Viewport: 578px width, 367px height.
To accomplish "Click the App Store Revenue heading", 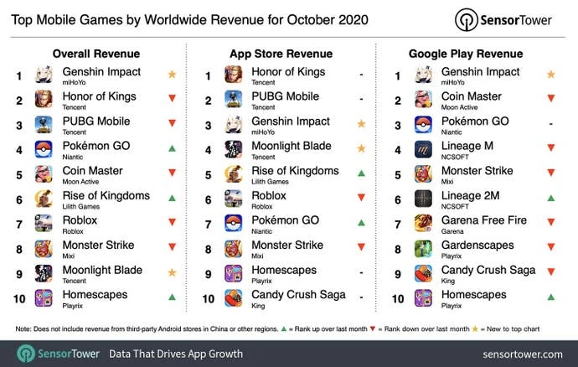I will pos(282,53).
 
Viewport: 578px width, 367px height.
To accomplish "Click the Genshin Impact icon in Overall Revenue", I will pos(44,75).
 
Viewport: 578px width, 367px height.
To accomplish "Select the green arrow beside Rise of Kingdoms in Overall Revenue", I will pos(172,199).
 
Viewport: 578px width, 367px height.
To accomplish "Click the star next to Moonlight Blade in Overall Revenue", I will pos(172,273).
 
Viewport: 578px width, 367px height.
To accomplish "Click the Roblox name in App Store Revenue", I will pos(269,195).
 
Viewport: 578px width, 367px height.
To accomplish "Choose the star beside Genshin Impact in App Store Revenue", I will pos(361,125).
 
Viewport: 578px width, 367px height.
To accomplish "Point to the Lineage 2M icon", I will pos(424,199).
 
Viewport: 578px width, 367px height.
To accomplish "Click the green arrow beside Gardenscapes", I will pos(550,249).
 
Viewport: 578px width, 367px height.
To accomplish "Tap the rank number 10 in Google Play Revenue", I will pos(397,297).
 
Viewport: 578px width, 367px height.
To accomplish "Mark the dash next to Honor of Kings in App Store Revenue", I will pos(361,75).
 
